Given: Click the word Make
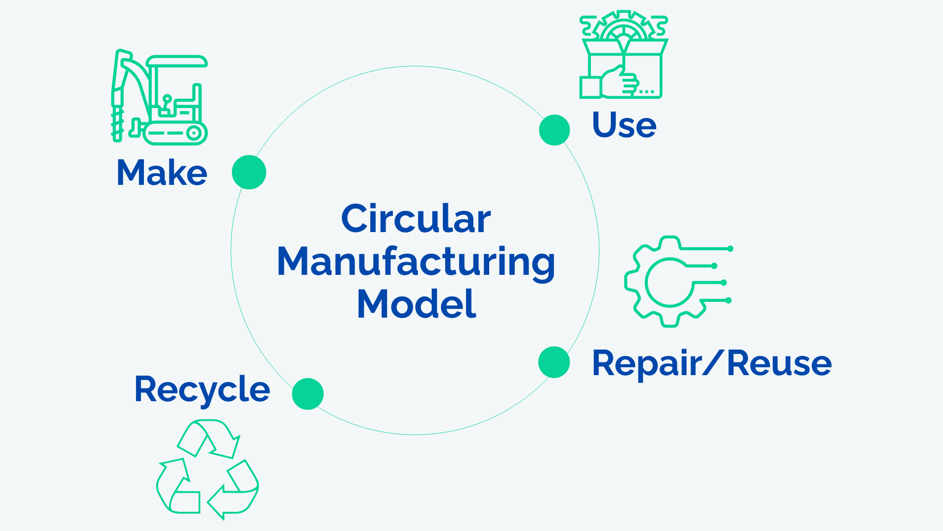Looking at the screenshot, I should click(x=162, y=173).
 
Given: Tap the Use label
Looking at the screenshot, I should click(x=624, y=125).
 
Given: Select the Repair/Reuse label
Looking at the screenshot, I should click(x=712, y=363).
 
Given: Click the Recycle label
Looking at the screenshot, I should click(x=202, y=389).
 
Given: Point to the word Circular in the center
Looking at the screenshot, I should click(x=416, y=219).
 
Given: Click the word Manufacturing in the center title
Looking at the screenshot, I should click(x=416, y=262).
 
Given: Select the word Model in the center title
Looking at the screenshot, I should click(x=416, y=304).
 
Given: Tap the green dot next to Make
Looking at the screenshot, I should click(x=249, y=172).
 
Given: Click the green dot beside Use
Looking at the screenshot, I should click(x=555, y=130).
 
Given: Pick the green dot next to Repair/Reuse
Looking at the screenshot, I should click(x=554, y=362).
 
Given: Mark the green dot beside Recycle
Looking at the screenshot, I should click(x=308, y=394).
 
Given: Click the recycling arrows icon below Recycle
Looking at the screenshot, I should click(x=208, y=469).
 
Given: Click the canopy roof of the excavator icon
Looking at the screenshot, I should click(x=177, y=61).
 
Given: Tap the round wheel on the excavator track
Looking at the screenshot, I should click(x=194, y=133).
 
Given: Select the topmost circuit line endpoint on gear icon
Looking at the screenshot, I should click(x=730, y=249).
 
